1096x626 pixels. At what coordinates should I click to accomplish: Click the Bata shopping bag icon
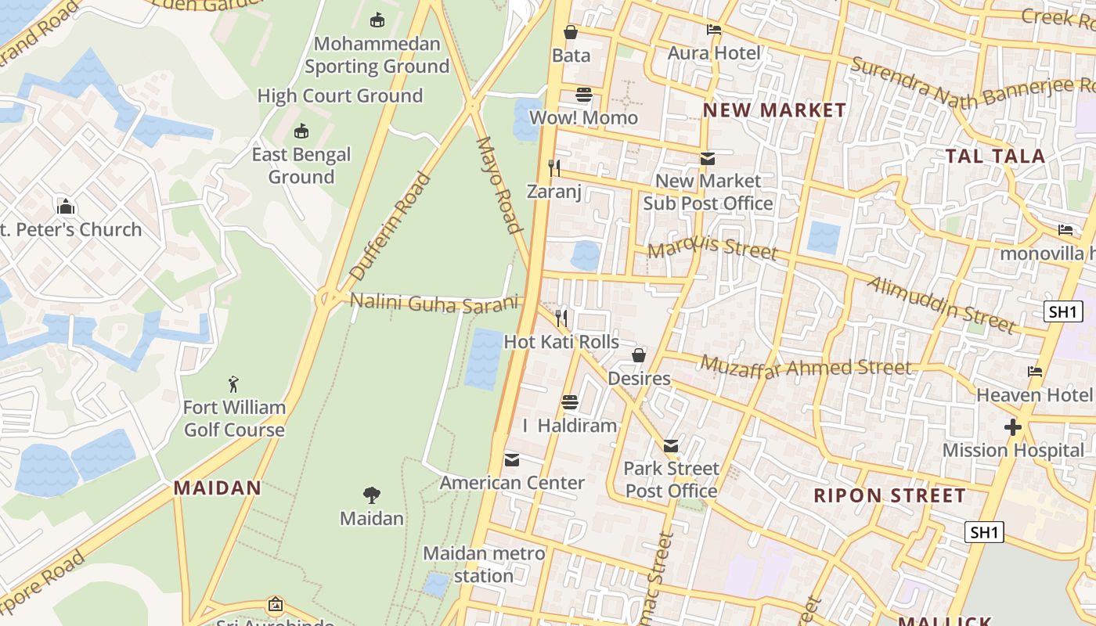571,32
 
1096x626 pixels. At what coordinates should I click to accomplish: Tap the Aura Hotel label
713,52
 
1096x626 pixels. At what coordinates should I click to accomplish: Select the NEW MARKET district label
774,110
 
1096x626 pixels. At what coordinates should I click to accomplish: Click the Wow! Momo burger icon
583,95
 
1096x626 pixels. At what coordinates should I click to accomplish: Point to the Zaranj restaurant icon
554,167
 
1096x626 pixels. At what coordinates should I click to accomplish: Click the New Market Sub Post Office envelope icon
708,159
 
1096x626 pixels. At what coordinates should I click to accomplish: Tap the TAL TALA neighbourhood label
995,156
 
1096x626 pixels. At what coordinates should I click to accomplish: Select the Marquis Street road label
712,250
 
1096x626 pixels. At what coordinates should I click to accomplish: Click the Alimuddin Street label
942,304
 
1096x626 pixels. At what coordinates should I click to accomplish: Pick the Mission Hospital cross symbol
1013,427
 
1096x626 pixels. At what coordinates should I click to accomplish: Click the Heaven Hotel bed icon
1035,372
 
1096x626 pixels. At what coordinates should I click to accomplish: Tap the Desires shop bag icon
639,355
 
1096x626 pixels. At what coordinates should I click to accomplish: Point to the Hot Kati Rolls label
561,342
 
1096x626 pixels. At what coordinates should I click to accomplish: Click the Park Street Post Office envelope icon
671,446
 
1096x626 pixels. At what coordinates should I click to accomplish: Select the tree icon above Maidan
372,495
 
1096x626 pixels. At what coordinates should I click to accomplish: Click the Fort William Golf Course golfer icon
233,384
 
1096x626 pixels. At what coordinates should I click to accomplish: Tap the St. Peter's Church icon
66,207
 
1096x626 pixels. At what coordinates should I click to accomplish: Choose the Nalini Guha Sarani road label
434,303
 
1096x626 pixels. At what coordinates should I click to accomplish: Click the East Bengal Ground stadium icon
301,131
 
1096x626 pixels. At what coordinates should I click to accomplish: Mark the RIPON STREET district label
889,495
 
